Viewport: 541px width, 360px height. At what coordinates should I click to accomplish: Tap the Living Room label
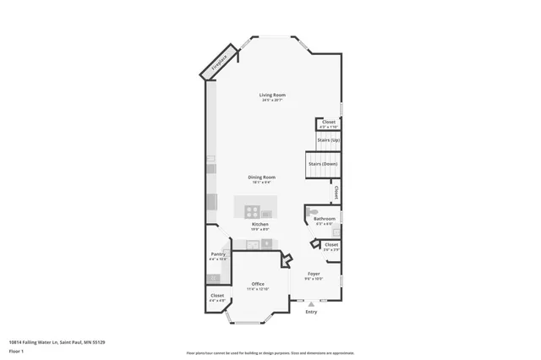pos(272,95)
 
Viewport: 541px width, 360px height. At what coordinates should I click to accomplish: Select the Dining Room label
pos(261,177)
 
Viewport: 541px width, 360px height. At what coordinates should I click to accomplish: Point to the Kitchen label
pos(260,224)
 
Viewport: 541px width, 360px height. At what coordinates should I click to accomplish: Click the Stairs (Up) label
pos(328,139)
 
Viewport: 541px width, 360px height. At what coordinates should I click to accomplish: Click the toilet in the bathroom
pos(313,211)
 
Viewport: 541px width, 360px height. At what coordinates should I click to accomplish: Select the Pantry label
pos(217,254)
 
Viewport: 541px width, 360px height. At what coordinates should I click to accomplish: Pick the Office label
pos(258,284)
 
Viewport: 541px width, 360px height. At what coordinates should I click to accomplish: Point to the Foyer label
pos(314,273)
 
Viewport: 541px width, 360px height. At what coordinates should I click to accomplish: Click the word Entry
pos(311,312)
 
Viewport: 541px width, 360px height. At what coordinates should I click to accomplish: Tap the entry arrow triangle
pos(311,303)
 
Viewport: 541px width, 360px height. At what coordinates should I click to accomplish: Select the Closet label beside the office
pos(217,295)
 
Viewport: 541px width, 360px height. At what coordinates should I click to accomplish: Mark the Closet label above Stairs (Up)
pos(328,122)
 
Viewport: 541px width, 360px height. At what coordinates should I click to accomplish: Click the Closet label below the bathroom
pos(331,245)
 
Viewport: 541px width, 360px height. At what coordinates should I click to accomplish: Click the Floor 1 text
pos(16,350)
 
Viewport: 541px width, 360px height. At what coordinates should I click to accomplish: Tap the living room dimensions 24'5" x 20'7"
pos(272,101)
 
